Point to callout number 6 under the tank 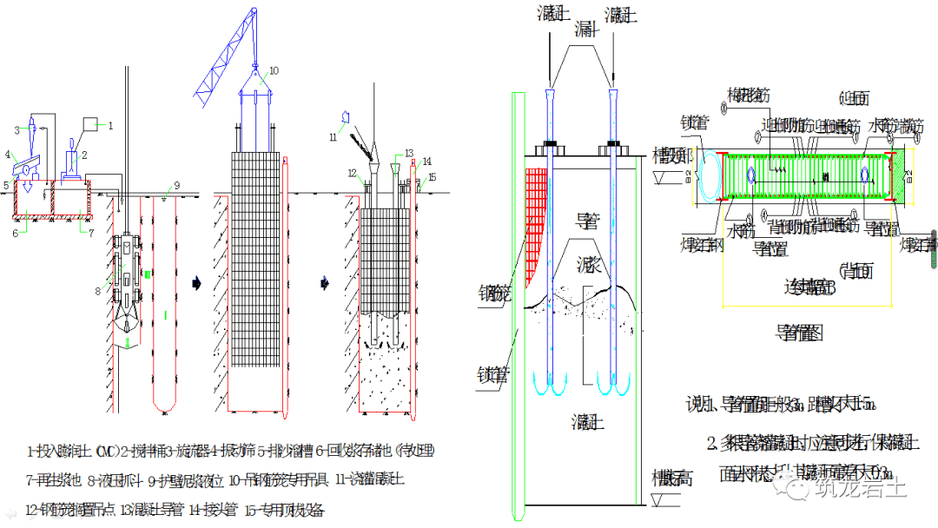click(x=16, y=233)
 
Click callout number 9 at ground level click(x=176, y=185)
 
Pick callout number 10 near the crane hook click(x=274, y=70)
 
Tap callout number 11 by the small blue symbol click(x=332, y=136)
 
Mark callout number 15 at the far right click(x=433, y=176)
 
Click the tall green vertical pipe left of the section click(x=518, y=304)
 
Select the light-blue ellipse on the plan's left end click(x=719, y=177)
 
